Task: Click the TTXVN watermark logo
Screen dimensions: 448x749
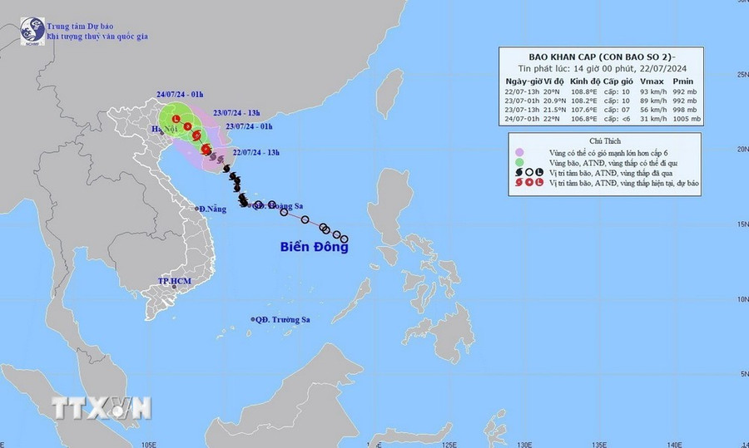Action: [102, 408]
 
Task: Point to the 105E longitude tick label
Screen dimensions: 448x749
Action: [150, 443]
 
